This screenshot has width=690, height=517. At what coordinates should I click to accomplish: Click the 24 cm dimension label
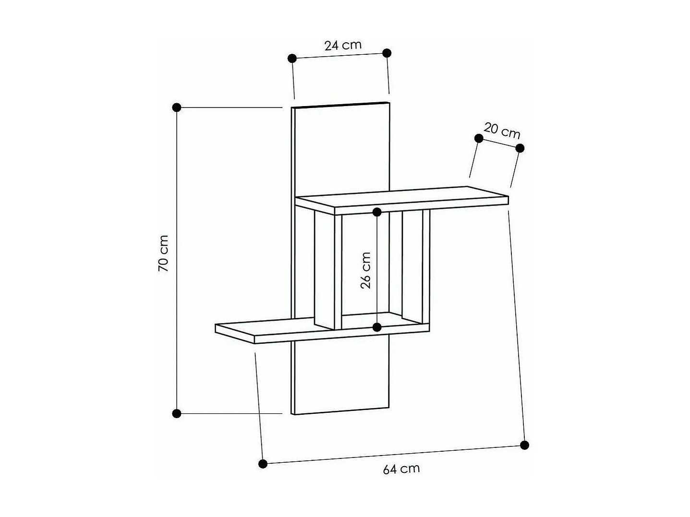(x=342, y=46)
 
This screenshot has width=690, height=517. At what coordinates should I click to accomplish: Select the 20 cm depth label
(x=502, y=131)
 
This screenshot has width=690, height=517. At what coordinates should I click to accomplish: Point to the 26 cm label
(x=366, y=270)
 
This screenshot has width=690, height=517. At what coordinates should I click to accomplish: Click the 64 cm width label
(x=401, y=469)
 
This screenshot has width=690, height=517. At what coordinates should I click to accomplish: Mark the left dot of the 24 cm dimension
(x=292, y=59)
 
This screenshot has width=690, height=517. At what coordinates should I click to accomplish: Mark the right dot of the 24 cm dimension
(x=387, y=53)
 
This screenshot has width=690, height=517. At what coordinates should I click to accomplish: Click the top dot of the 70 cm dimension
(x=177, y=107)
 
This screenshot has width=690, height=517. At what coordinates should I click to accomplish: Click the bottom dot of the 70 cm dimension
(x=177, y=413)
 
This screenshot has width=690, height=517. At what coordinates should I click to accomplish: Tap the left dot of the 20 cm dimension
(x=479, y=138)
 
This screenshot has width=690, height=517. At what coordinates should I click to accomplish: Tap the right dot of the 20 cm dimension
(x=520, y=148)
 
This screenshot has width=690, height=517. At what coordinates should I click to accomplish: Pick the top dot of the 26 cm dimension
(x=377, y=212)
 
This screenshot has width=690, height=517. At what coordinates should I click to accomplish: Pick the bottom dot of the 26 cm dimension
(x=377, y=327)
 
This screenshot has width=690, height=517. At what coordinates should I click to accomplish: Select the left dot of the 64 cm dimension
(x=263, y=464)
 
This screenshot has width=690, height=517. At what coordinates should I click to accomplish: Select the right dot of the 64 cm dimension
(x=524, y=445)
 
